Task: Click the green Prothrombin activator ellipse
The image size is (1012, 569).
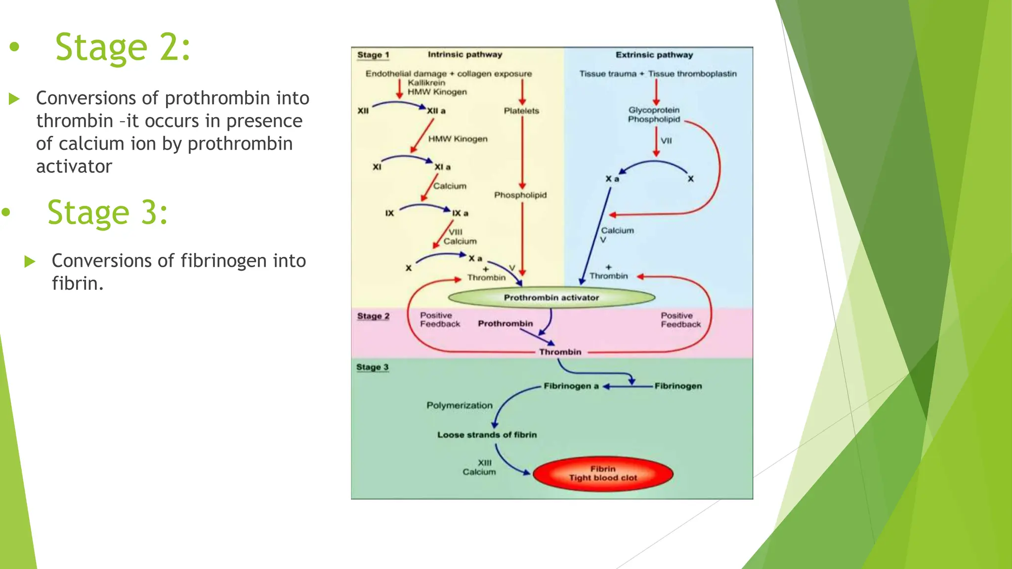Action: pyautogui.click(x=551, y=297)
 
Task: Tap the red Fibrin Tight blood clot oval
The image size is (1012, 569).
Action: pyautogui.click(x=603, y=473)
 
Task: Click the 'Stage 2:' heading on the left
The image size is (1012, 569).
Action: pyautogui.click(x=123, y=47)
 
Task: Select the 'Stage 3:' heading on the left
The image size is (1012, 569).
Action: pyautogui.click(x=108, y=212)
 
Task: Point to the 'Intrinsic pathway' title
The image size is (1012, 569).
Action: pyautogui.click(x=464, y=54)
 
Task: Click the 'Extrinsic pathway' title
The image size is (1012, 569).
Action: pyautogui.click(x=654, y=55)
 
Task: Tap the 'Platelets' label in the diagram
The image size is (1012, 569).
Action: pyautogui.click(x=521, y=111)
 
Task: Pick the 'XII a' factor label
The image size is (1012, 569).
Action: pyautogui.click(x=436, y=111)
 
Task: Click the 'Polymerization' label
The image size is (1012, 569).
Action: pyautogui.click(x=460, y=405)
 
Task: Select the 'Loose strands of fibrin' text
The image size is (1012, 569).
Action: pyautogui.click(x=487, y=435)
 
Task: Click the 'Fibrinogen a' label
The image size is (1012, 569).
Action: pyautogui.click(x=571, y=386)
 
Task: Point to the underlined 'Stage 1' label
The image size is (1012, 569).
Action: pyautogui.click(x=373, y=55)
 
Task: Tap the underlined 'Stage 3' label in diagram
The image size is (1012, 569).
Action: pyautogui.click(x=372, y=367)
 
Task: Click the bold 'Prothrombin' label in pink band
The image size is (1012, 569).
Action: pyautogui.click(x=505, y=324)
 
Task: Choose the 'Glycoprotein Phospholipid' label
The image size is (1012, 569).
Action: pyautogui.click(x=654, y=115)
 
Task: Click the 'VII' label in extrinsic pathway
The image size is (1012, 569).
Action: pyautogui.click(x=666, y=141)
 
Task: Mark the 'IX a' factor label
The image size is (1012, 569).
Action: pyautogui.click(x=460, y=213)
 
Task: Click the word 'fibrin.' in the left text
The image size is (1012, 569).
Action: pyautogui.click(x=78, y=284)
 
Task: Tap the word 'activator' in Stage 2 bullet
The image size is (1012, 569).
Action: pyautogui.click(x=74, y=166)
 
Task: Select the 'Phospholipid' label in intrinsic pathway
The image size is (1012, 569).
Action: pyautogui.click(x=520, y=195)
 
